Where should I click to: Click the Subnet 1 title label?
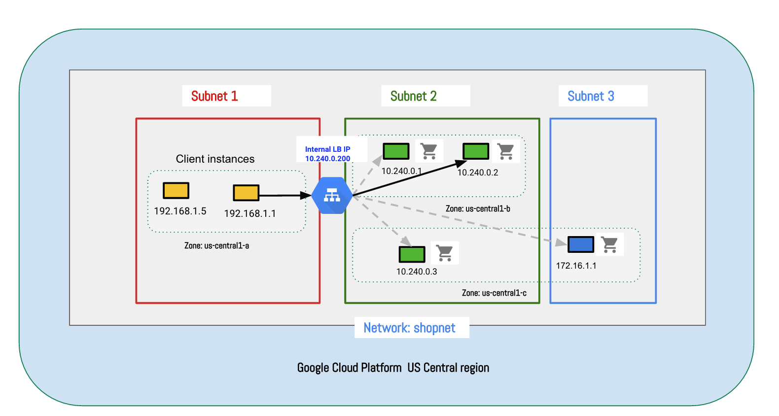[214, 96]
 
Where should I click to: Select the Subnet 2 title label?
[413, 96]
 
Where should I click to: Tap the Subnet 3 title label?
[591, 96]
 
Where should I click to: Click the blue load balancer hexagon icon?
[332, 196]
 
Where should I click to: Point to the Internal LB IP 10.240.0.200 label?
[328, 154]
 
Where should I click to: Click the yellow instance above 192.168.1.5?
[176, 191]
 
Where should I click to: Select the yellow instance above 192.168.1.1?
[246, 193]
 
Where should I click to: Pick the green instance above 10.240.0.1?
[396, 151]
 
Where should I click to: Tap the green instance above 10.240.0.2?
[476, 151]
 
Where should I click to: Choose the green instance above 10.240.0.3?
[412, 254]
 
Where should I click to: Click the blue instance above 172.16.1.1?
[580, 244]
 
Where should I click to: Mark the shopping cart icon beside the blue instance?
[610, 244]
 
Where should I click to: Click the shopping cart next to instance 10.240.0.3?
[445, 253]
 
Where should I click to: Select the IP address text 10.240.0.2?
[478, 173]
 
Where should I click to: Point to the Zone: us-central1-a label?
[216, 245]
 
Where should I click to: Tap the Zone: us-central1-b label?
[478, 208]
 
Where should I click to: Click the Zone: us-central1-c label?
[494, 293]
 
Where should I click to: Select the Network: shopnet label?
[409, 328]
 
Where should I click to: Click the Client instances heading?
[215, 159]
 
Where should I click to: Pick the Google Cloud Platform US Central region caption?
[393, 368]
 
